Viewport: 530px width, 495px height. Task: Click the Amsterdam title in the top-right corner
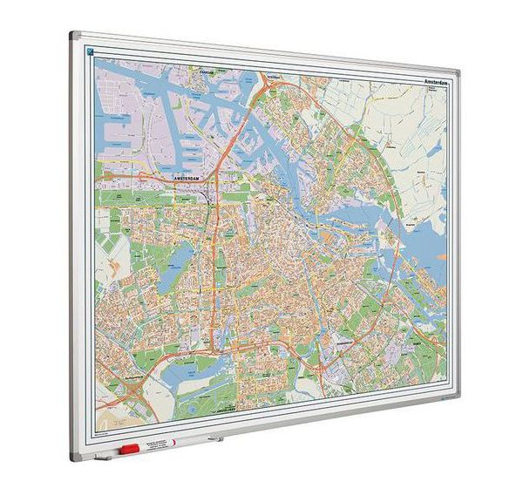[440, 82]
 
